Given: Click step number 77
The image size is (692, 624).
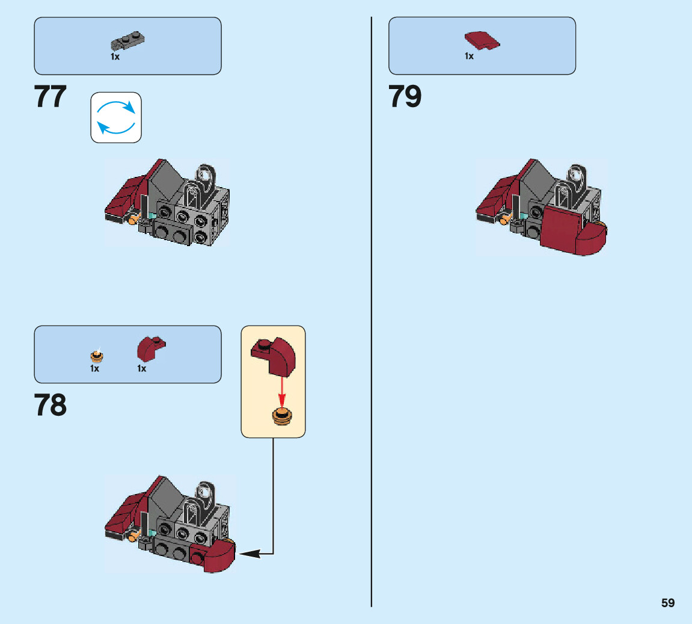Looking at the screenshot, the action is [x=51, y=97].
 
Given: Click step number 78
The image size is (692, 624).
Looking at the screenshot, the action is [x=51, y=406].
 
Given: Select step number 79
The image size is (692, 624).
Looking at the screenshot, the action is [x=405, y=97].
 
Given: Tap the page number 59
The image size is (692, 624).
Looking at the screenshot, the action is [x=668, y=603].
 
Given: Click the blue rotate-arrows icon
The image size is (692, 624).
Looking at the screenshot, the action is [x=116, y=117].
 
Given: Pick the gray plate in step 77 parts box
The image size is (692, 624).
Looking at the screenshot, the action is [x=129, y=42].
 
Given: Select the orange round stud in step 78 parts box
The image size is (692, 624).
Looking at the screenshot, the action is [x=95, y=355].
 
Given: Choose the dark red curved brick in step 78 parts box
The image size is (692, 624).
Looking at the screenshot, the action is [x=150, y=348].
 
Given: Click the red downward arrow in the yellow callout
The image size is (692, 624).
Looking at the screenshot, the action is [x=281, y=392].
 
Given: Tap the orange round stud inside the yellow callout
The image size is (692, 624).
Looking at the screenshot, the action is [x=281, y=416].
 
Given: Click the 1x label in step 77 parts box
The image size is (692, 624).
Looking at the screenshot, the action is [x=115, y=57].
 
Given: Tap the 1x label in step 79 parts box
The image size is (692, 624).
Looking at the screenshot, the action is [x=469, y=56].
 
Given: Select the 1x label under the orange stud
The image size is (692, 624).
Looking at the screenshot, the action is [x=95, y=368].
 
